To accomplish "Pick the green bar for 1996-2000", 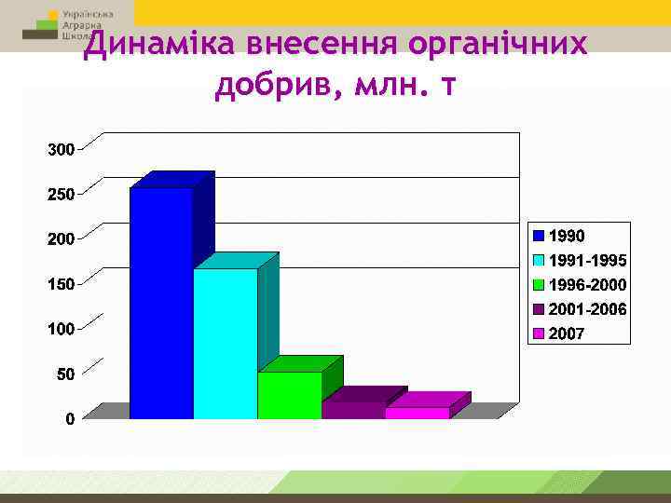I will coord(289,395).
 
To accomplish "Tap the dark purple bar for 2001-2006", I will coord(353,410).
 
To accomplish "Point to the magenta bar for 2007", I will coord(417,413).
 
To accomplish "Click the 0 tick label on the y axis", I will coord(70,419).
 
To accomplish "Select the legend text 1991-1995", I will coord(588,260).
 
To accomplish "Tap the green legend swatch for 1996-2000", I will coord(539,285).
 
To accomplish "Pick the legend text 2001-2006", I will coord(588,309).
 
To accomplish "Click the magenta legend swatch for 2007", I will coord(539,333).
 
